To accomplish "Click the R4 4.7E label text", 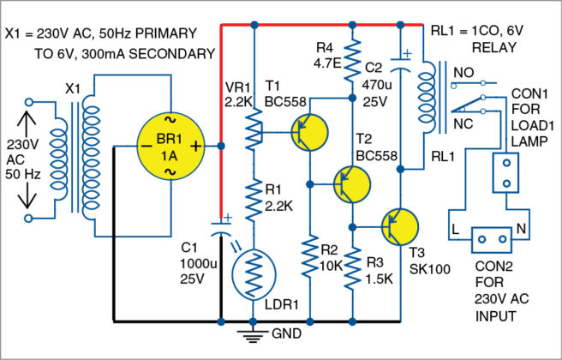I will click(x=326, y=55).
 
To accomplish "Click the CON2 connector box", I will click(x=486, y=231).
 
